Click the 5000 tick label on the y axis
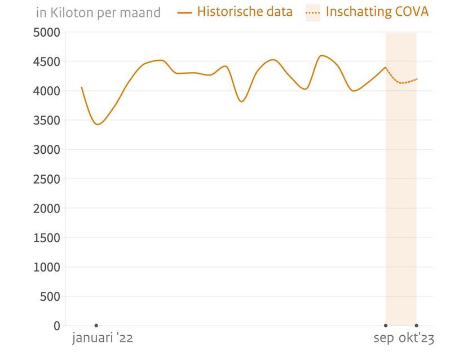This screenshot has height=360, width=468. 47,32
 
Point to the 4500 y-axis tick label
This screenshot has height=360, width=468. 47,61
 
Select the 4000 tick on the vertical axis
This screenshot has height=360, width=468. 47,91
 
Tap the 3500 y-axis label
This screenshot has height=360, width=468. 47,120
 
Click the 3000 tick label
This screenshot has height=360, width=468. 47,149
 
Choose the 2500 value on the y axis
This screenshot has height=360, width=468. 47,179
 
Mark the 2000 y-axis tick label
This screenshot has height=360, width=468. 47,208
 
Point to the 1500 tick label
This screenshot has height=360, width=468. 47,238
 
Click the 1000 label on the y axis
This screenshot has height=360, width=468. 47,267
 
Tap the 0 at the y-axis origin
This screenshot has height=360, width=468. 56,326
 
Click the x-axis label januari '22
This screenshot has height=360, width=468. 103,339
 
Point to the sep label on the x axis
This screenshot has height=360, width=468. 384,339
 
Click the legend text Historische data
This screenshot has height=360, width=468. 245,12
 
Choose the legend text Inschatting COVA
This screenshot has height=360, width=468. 377,12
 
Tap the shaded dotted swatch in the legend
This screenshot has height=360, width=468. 312,12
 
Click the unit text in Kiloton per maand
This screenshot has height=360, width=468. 98,12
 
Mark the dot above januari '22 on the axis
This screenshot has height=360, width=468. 96,326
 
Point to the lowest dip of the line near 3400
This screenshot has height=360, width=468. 98,125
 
